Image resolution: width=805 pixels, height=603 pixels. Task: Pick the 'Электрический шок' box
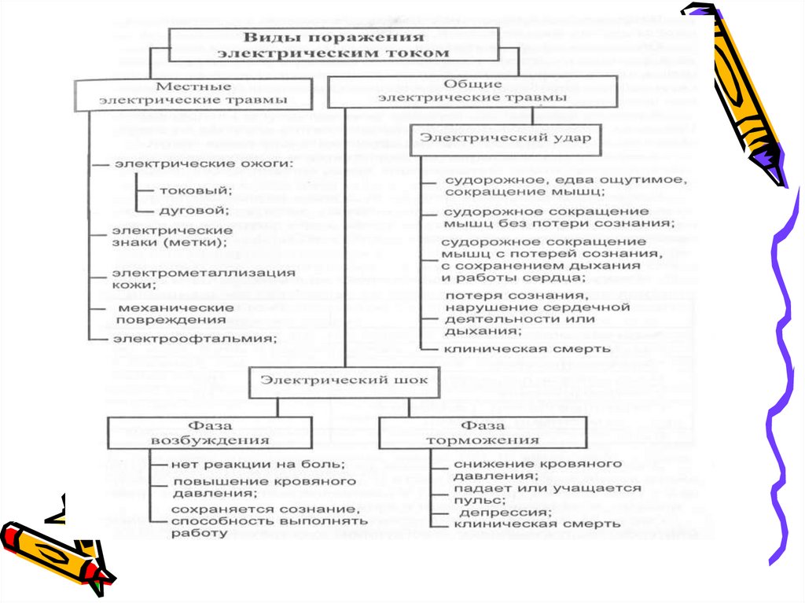[x=344, y=381]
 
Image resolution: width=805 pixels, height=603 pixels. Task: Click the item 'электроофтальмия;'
[x=195, y=339]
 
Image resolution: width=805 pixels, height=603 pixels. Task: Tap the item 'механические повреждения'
[x=175, y=313]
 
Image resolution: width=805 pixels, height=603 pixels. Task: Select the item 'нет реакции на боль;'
[x=258, y=465]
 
